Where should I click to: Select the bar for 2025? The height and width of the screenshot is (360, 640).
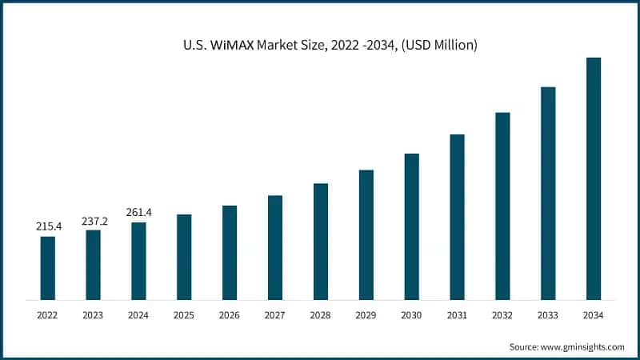tap(184, 257)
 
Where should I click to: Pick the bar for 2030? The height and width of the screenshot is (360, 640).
tap(411, 226)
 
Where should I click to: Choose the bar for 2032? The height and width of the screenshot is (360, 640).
tap(502, 206)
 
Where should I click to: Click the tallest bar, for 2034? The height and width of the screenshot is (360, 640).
tap(594, 178)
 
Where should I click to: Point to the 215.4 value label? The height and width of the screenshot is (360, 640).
tap(48, 227)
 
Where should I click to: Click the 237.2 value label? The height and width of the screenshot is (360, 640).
tap(94, 221)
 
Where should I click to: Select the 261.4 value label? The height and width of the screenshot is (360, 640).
tap(139, 213)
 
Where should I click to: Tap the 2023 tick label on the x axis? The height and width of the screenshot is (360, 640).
tap(94, 316)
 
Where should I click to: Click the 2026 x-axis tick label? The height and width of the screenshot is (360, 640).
tap(230, 316)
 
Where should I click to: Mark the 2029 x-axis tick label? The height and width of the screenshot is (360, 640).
tap(366, 316)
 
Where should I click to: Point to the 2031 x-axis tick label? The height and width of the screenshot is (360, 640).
tap(457, 316)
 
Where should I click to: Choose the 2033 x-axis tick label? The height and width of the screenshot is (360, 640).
tap(548, 316)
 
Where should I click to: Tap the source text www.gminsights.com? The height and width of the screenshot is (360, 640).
tap(583, 346)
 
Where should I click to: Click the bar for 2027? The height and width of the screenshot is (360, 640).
tap(275, 248)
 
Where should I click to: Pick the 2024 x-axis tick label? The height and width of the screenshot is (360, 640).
tap(139, 316)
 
